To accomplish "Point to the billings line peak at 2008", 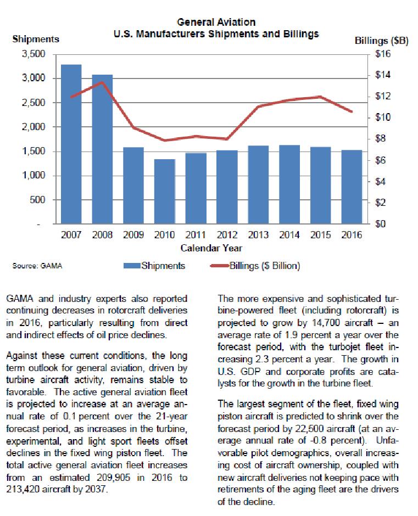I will pos(102,82).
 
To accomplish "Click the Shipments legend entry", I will pos(163,266).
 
